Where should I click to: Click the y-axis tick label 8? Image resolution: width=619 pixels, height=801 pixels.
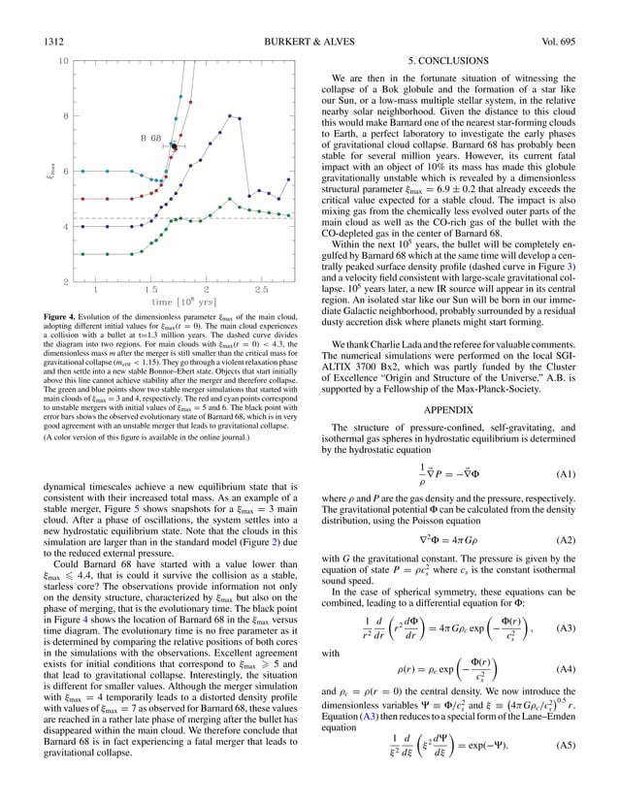click(65, 117)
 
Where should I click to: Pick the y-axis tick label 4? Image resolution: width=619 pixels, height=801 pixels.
click(65, 227)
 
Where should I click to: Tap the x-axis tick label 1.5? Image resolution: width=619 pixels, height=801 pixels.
click(150, 290)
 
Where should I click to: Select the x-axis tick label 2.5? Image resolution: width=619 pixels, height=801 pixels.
click(261, 290)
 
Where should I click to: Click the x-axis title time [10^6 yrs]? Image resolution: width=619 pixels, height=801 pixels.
click(179, 304)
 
